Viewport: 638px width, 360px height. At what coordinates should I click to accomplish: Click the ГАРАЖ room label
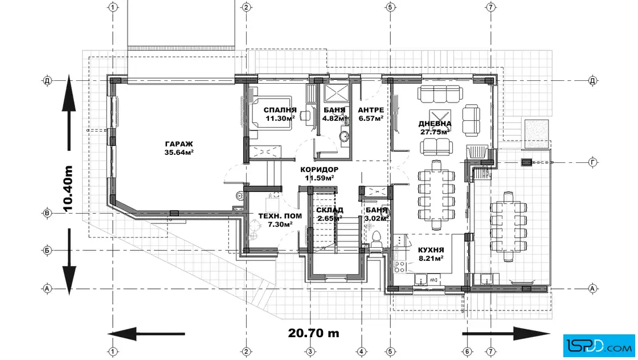coord(179,144)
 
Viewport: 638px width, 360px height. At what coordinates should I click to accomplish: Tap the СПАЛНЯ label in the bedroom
coord(280,111)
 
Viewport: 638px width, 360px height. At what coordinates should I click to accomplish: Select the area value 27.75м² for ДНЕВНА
coord(435,132)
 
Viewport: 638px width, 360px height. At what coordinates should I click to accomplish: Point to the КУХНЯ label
coord(431,250)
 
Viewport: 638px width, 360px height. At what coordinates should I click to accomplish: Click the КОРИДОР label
coord(320,170)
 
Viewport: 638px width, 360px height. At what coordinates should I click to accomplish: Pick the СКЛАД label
coord(330,210)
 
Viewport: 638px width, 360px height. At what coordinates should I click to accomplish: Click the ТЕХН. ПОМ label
coord(280,216)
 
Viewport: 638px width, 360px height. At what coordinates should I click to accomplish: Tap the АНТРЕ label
coord(371,111)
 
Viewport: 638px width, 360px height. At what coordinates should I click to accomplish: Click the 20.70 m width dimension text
coord(313,333)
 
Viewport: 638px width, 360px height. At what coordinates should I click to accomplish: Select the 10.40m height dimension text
coord(68,189)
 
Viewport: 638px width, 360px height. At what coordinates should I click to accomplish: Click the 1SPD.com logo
coord(599,346)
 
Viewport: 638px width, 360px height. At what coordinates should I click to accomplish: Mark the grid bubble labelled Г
coord(593,163)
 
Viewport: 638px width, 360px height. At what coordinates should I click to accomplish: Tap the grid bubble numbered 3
coord(310,351)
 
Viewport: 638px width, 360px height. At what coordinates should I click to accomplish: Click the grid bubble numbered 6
coord(467,351)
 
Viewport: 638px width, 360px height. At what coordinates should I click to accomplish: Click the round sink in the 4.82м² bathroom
coord(345,136)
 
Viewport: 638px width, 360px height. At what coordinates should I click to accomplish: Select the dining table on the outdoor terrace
coord(509,226)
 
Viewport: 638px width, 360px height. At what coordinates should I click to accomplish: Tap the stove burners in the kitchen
coord(399,267)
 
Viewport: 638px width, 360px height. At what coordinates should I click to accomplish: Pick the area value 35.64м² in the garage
coord(179,153)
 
